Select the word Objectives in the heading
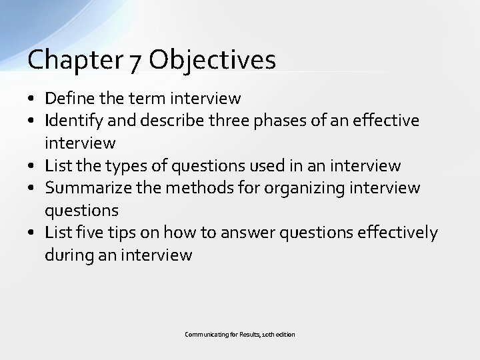212,60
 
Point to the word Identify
71,121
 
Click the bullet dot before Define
32,99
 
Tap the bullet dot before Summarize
32,188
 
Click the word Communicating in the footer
207,333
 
